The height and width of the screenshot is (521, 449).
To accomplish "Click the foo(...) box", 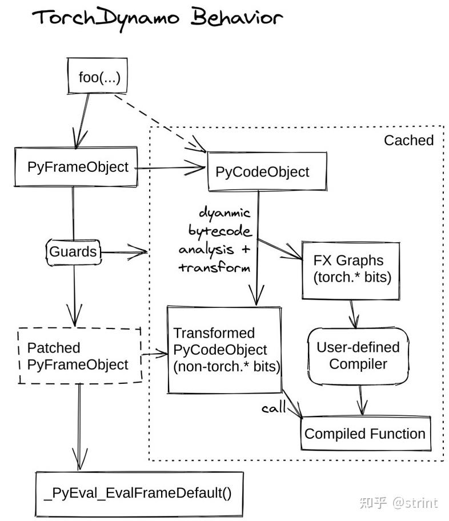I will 100,77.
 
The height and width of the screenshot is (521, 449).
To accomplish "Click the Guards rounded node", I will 73,252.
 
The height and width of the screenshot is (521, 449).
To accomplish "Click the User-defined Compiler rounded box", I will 358,355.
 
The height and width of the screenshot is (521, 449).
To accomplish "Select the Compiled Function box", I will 364,434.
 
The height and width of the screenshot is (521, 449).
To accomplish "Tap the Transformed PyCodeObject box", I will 224,350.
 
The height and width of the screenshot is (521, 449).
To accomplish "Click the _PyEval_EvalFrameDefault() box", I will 139,493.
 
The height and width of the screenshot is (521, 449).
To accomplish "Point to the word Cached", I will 408,140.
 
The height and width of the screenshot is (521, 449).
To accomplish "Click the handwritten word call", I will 274,409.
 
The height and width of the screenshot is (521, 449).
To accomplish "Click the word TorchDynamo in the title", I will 106,18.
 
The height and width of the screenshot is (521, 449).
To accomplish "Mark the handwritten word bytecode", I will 219,231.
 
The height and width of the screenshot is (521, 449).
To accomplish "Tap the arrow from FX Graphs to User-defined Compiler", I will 354,313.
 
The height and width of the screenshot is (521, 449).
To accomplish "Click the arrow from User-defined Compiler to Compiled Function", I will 360,400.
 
